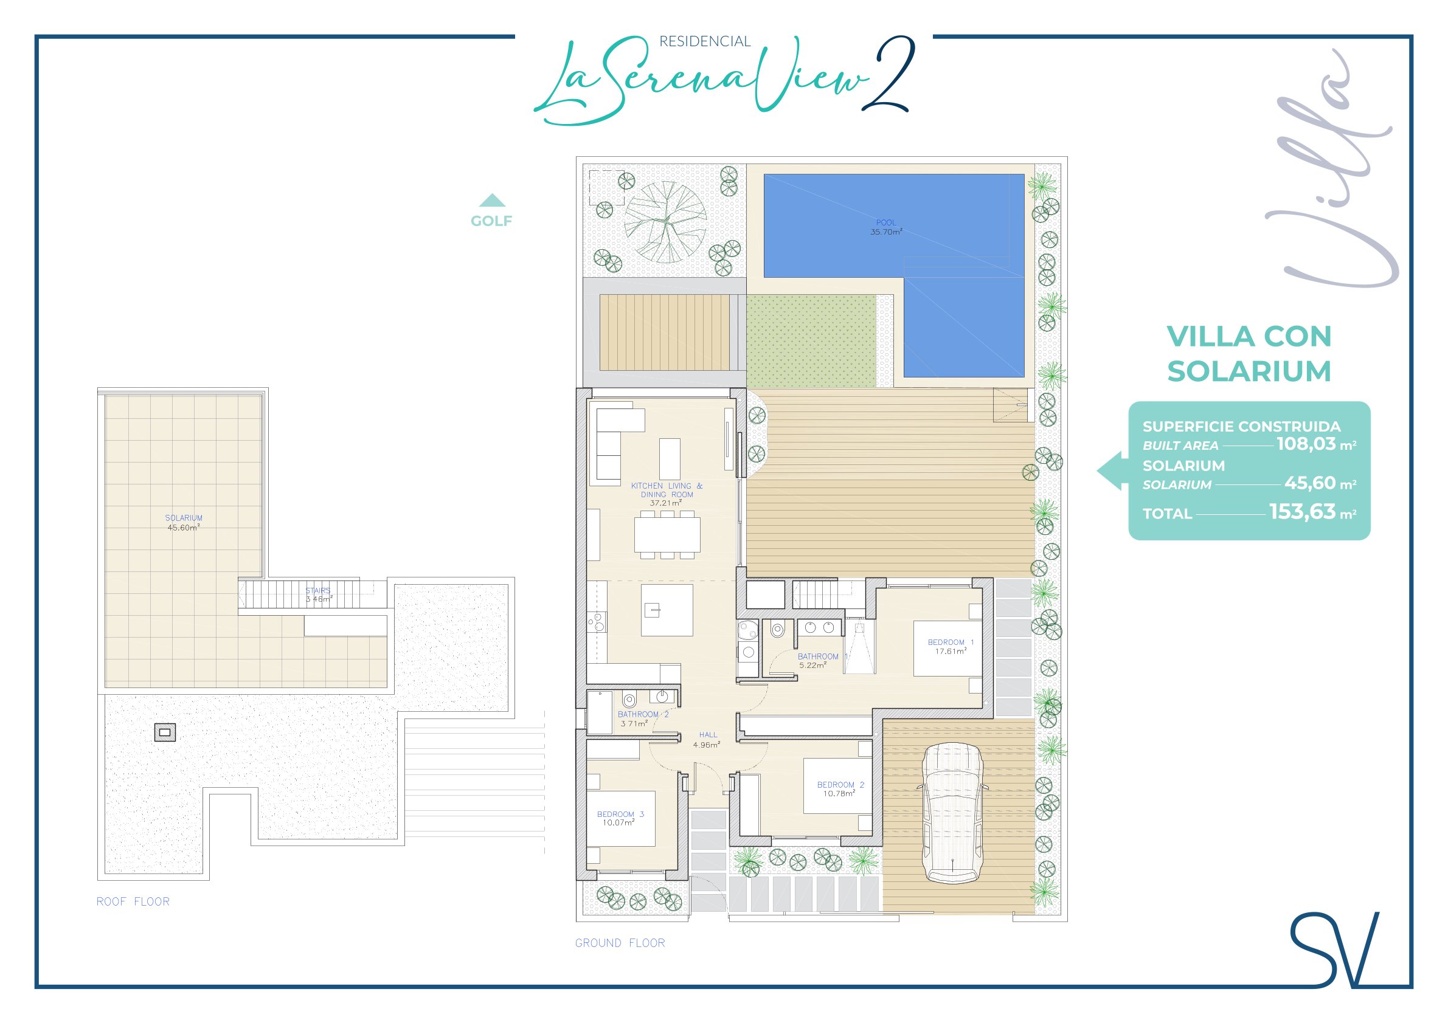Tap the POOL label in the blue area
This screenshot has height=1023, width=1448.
coord(885,222)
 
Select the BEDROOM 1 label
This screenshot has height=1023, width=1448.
coord(951,642)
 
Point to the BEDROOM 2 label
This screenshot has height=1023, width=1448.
coord(840,785)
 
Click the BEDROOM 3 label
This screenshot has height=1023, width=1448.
coord(620,815)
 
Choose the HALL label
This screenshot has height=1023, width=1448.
coord(708,735)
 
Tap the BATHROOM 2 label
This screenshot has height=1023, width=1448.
coord(643,714)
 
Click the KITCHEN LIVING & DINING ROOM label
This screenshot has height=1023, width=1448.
coord(667,491)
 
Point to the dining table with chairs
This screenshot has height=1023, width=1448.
coord(667,534)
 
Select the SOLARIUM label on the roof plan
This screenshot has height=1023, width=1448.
coord(184,518)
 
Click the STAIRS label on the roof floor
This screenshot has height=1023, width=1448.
coord(318,591)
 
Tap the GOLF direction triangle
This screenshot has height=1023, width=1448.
coord(492,201)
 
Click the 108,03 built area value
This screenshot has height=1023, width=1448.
coord(1306,444)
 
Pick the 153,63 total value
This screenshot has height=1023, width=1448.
coord(1302,511)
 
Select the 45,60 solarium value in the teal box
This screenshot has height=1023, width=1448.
coord(1310,483)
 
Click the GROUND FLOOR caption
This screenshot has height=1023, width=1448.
coord(620,943)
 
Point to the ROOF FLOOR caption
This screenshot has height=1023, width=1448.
coord(133,901)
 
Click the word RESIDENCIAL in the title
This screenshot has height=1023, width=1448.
coord(704,41)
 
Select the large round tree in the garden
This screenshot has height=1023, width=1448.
coord(665,222)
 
